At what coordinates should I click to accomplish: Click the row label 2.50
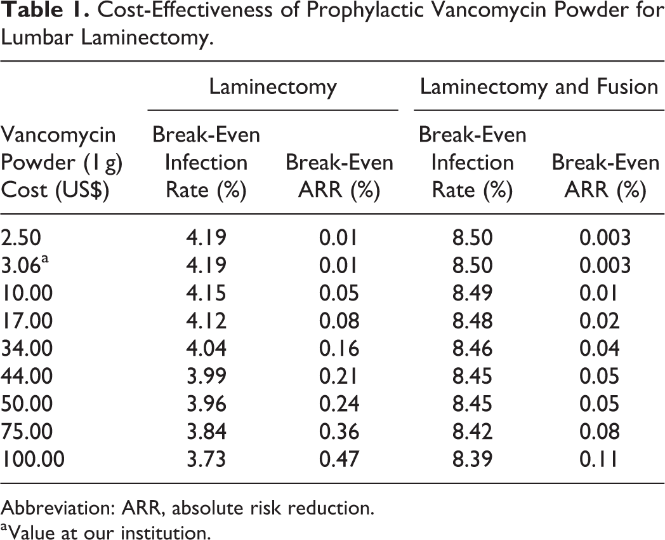click(21, 238)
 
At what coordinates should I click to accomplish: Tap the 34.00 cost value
click(27, 348)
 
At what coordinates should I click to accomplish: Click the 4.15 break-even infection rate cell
click(206, 293)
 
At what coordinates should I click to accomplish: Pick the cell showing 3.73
click(206, 459)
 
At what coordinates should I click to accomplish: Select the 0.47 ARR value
click(339, 459)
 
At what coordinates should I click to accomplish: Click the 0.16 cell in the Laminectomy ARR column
click(339, 348)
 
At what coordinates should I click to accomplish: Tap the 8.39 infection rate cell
click(473, 459)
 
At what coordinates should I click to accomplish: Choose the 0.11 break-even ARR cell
click(599, 459)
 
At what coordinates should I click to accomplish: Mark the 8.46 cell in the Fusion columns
click(473, 348)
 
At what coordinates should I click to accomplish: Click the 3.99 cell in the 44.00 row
click(206, 375)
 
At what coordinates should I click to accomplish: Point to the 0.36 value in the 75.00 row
click(339, 431)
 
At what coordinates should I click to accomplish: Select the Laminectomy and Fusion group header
click(539, 86)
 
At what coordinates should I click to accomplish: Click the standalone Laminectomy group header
click(273, 88)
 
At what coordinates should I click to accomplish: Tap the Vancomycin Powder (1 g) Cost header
click(62, 162)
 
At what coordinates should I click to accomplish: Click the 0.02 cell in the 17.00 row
click(599, 321)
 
